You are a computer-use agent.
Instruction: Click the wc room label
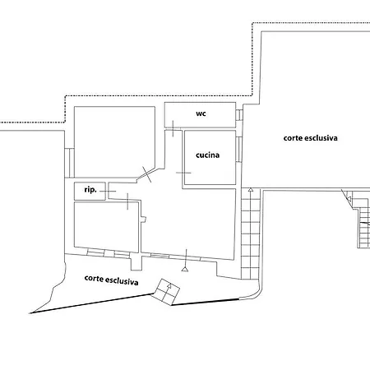[x=201, y=113]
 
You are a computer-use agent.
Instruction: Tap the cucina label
[x=208, y=155]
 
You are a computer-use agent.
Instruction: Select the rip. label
[x=90, y=190]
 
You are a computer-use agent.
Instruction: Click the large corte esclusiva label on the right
[x=311, y=138]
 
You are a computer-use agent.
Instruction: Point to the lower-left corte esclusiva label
[x=111, y=280]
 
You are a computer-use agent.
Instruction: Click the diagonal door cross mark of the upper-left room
[x=146, y=174]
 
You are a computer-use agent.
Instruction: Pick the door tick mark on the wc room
[x=173, y=128]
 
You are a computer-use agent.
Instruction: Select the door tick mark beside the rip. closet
[x=108, y=191]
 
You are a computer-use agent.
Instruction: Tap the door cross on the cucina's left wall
[x=183, y=173]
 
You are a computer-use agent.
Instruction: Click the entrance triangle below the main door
[x=185, y=270]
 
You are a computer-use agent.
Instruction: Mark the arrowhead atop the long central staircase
[x=251, y=190]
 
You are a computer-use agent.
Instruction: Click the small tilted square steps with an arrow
[x=166, y=292]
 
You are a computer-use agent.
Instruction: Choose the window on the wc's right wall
[x=239, y=115]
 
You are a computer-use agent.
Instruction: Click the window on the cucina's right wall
[x=239, y=150]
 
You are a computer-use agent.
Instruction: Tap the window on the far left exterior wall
[x=70, y=163]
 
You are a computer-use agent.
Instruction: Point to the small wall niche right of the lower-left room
[x=143, y=220]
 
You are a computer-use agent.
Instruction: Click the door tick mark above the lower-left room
[x=127, y=201]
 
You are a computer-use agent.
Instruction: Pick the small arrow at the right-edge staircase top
[x=349, y=199]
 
